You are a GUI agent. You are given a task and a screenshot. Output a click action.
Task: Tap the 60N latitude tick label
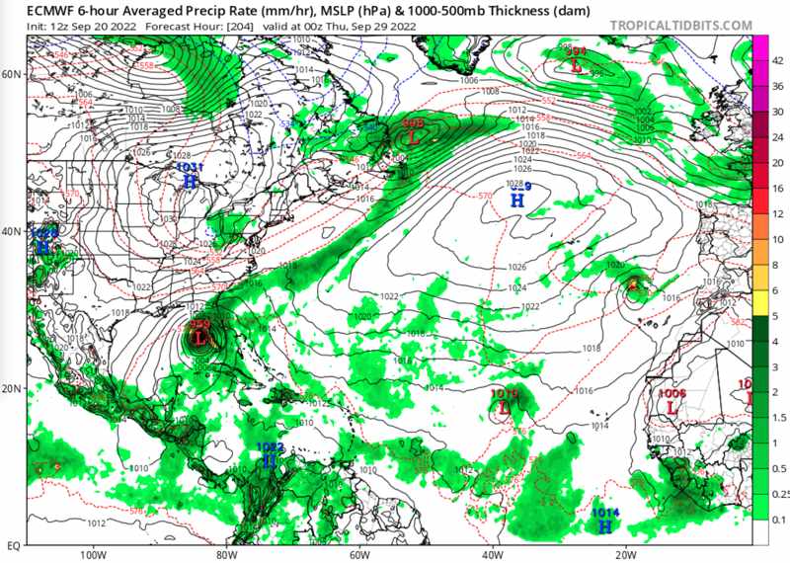tap(13, 74)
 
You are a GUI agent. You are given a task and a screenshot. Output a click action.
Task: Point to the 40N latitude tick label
tap(13, 231)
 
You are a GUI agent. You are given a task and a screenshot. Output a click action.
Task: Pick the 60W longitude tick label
tap(358, 554)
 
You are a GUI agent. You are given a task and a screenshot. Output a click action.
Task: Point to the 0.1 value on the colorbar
tap(779, 519)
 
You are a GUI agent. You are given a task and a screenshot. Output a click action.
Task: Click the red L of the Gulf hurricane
tap(201, 339)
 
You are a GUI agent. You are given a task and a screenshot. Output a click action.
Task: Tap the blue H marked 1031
tap(190, 182)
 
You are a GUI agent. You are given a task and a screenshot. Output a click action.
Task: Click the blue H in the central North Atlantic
tap(516, 200)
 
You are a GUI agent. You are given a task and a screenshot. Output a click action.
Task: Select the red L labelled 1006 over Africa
tap(671, 406)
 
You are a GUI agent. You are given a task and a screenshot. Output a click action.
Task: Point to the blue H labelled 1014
tap(604, 526)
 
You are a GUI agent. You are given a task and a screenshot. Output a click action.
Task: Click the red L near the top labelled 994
tap(576, 65)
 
